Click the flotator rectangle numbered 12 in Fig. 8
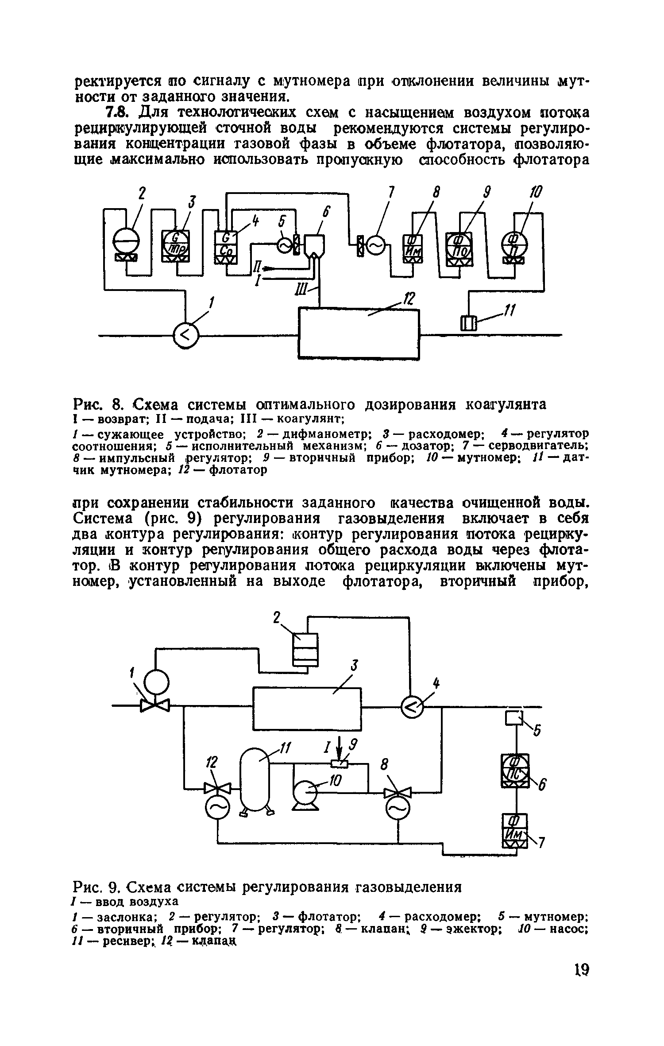tap(359, 333)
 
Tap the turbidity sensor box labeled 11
tap(468, 322)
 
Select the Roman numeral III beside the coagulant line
tap(303, 291)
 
